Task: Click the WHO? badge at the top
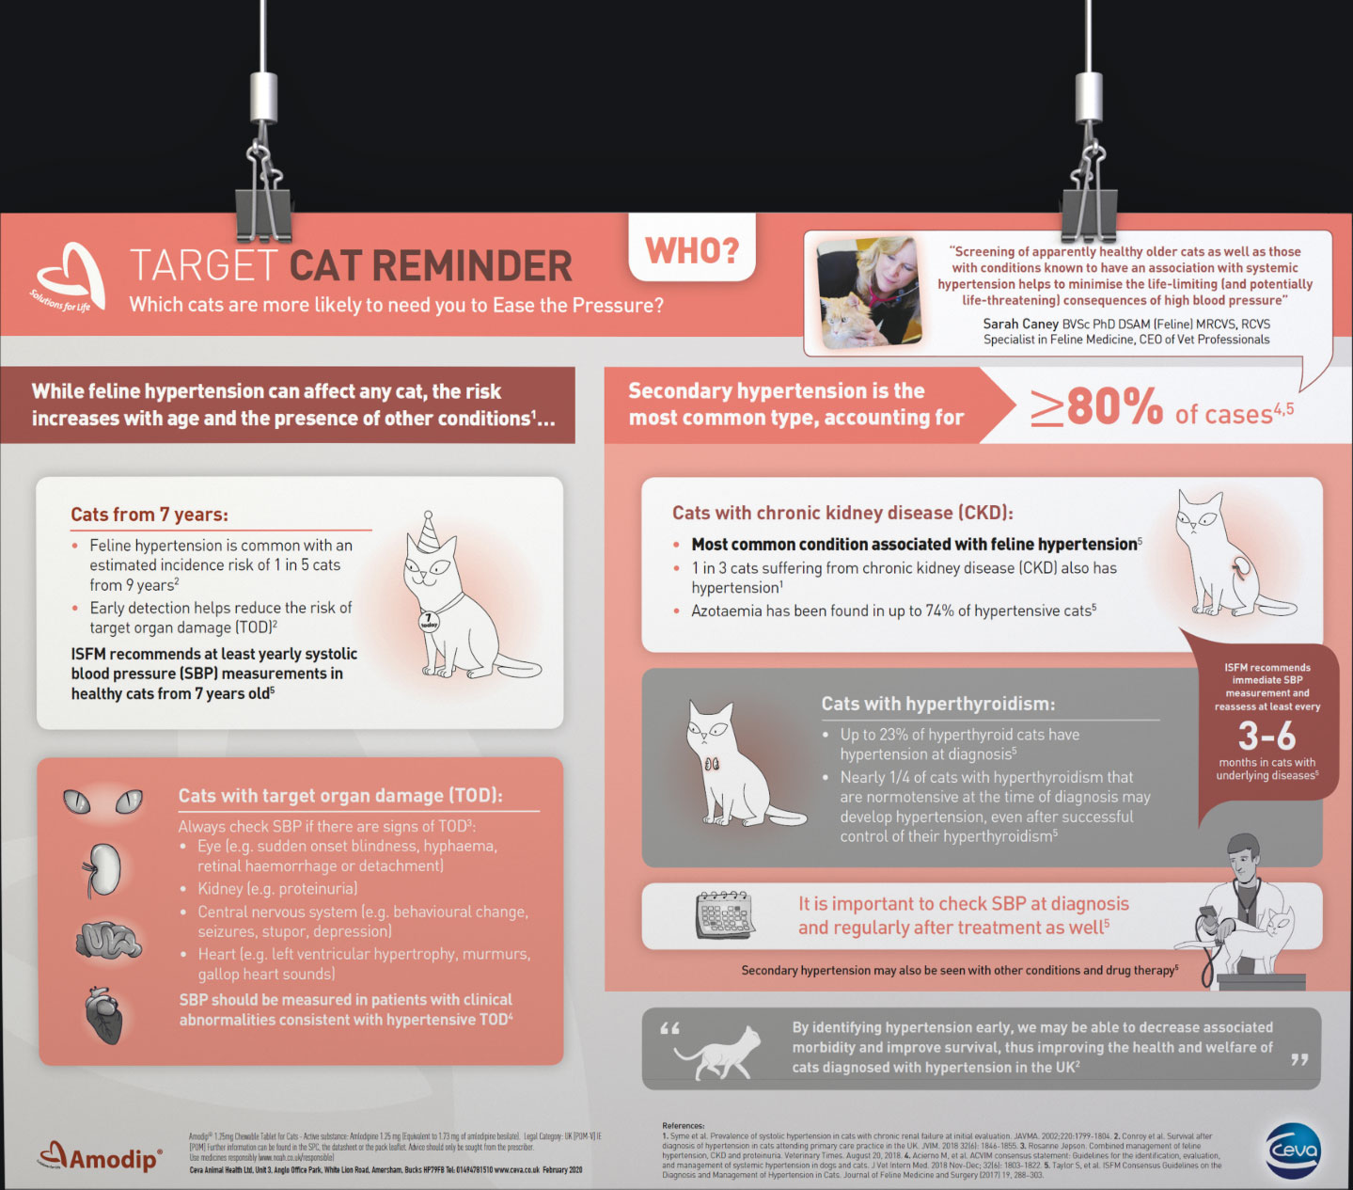coord(692,250)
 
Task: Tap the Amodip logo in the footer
coord(101,1156)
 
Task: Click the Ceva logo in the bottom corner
coord(1293,1150)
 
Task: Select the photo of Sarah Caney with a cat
coord(869,292)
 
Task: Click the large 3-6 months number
coord(1266,736)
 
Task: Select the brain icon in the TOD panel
coord(108,939)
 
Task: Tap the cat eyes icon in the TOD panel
coord(102,801)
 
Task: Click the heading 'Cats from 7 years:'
coord(149,515)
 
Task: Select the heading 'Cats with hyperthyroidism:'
coord(937,704)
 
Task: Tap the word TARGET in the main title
coord(203,266)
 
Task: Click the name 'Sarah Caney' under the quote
coord(1020,324)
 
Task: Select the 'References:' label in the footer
coord(684,1125)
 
